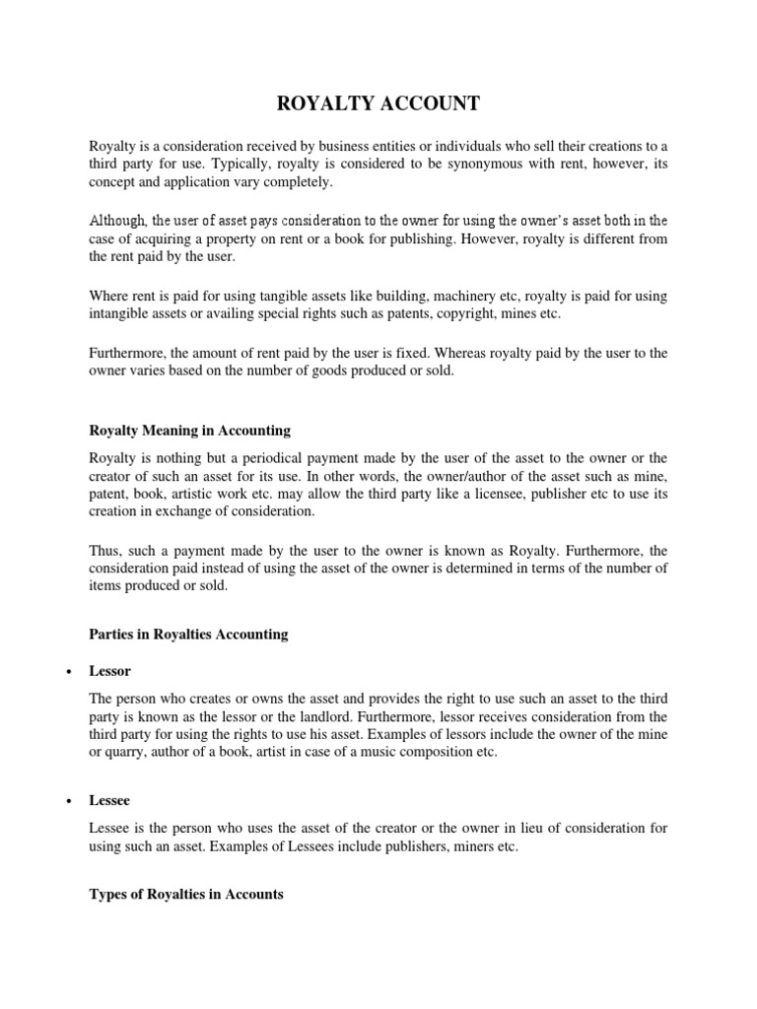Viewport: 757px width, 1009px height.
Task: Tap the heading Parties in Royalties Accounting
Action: click(188, 635)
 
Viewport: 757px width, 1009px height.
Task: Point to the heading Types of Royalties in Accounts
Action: click(186, 894)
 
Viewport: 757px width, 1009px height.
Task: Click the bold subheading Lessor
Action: click(109, 671)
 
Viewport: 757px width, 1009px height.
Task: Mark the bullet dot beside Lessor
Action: click(66, 672)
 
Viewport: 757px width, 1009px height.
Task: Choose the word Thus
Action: click(104, 550)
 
